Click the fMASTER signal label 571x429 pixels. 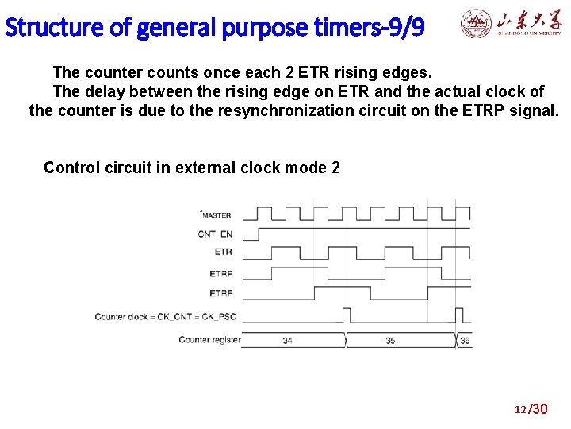[x=215, y=214]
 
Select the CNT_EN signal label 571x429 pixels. [x=215, y=234]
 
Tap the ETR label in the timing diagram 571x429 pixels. [x=223, y=252]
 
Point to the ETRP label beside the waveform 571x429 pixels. [x=220, y=273]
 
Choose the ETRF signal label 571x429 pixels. [x=220, y=293]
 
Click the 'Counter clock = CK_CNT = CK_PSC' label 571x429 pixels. [x=165, y=317]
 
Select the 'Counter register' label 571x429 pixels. [x=209, y=340]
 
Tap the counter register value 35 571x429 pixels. [x=390, y=341]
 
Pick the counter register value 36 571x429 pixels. [x=465, y=341]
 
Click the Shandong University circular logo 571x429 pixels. [x=476, y=25]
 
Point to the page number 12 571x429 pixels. [x=520, y=410]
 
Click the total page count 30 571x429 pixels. [x=539, y=409]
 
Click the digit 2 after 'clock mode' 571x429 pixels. [x=335, y=168]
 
